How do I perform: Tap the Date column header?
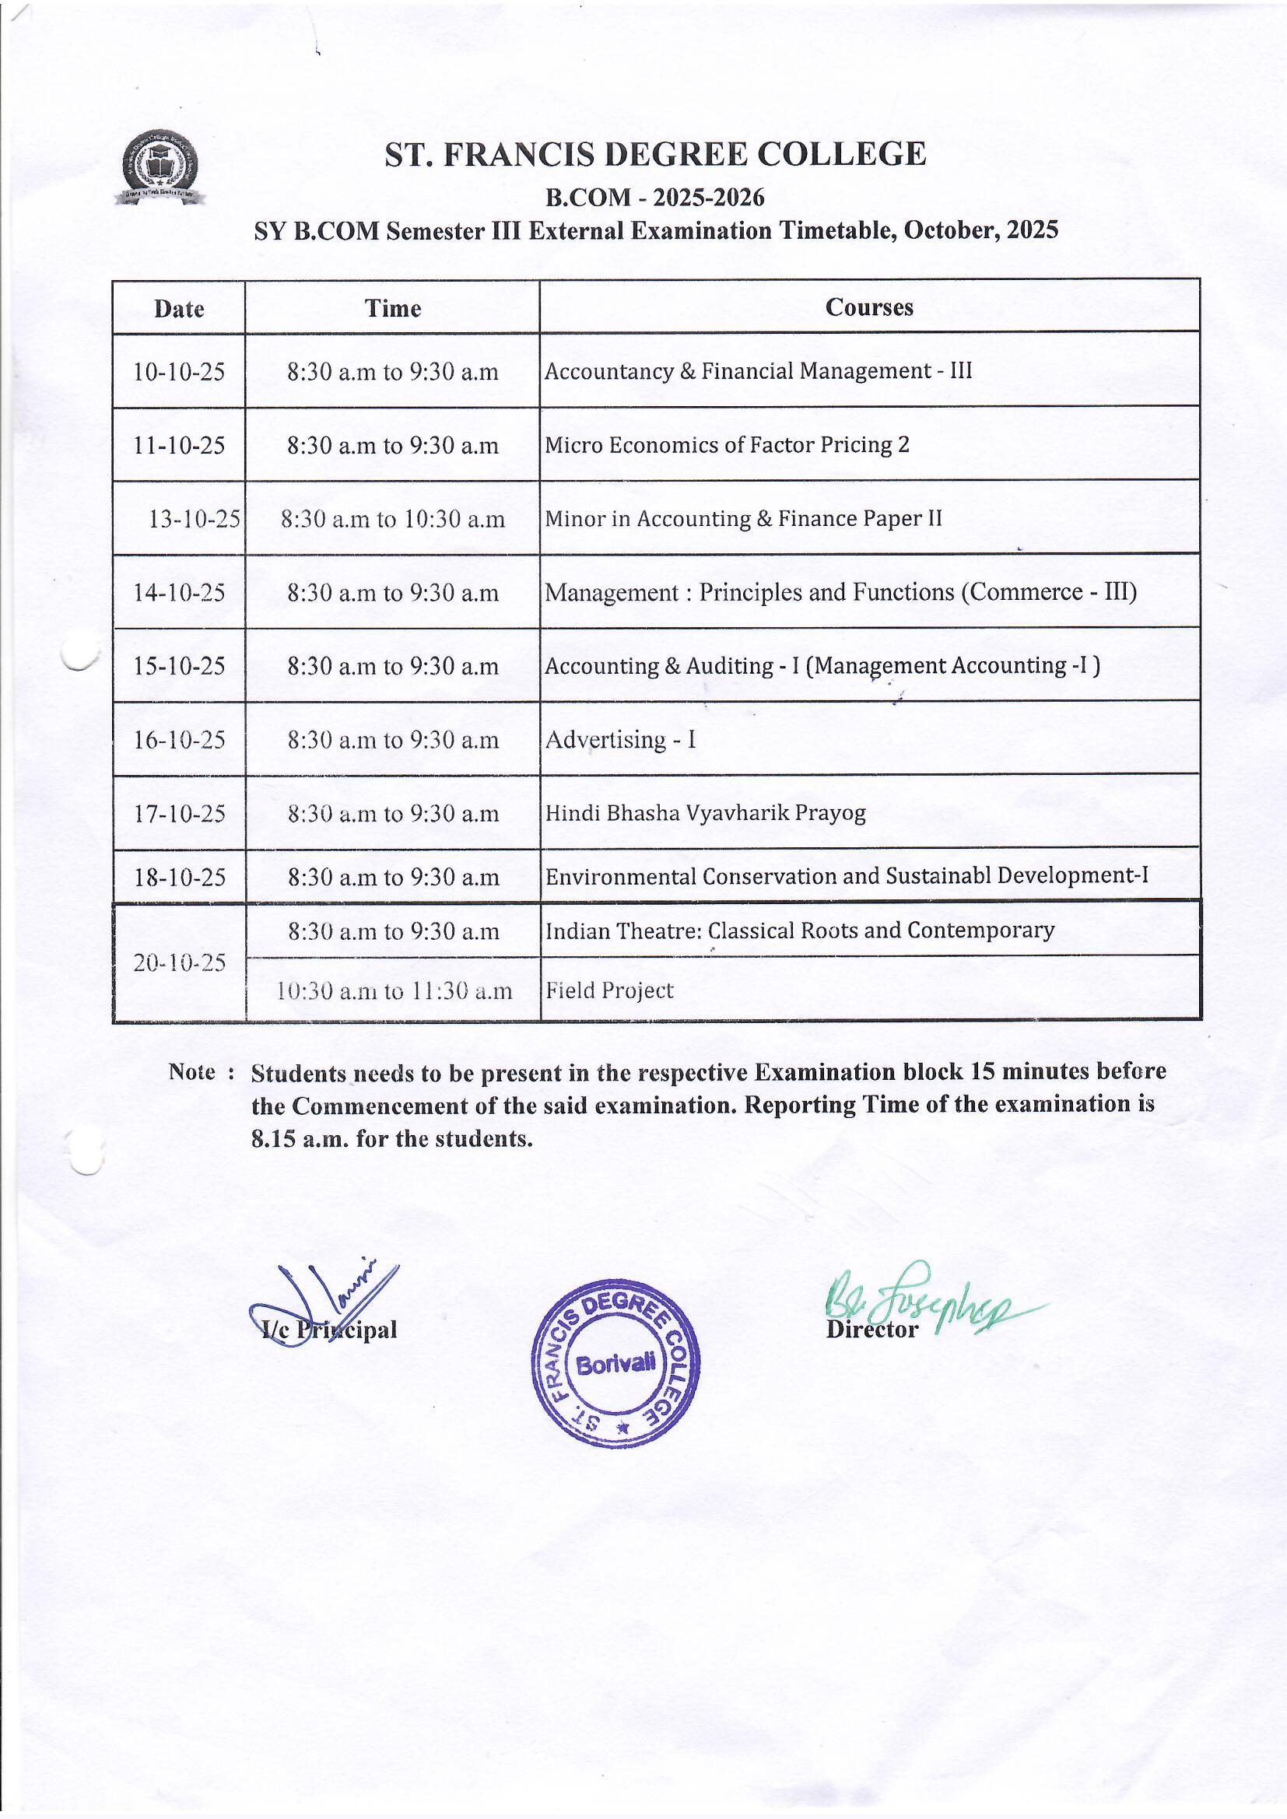pos(179,308)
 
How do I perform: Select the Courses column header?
pos(868,307)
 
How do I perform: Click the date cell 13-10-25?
pos(195,519)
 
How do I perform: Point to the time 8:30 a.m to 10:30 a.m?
pos(392,519)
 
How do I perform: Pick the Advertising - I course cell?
pos(620,739)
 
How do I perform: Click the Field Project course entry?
pos(609,990)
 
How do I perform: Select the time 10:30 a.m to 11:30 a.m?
pos(394,990)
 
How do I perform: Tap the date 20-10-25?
pos(180,962)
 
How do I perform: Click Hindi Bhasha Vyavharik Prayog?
pos(705,813)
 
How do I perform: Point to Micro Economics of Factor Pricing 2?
pos(727,444)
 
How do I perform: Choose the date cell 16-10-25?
pos(180,740)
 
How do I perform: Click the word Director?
pos(871,1329)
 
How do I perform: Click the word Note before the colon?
pos(191,1072)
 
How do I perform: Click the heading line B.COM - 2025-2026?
pos(654,197)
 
